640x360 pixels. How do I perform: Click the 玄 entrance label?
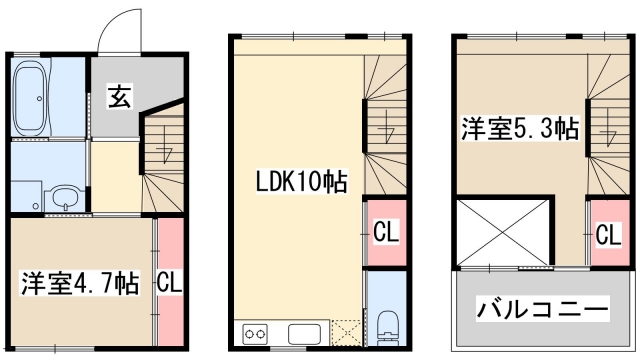(x=118, y=98)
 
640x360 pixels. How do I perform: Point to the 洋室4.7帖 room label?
(x=80, y=283)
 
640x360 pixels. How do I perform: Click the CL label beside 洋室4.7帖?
(x=169, y=283)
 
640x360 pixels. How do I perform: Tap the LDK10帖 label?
(x=300, y=183)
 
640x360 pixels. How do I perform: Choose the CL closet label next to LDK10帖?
(x=386, y=232)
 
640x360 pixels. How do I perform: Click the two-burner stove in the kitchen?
(x=256, y=333)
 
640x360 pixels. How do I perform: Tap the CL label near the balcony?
(x=607, y=236)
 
